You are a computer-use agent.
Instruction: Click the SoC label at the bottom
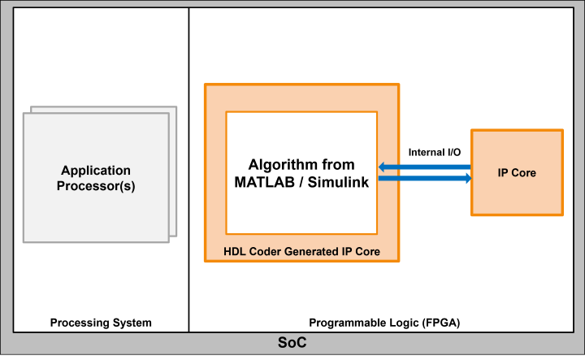(292, 344)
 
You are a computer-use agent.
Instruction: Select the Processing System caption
(101, 323)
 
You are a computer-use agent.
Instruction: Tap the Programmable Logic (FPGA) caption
(384, 323)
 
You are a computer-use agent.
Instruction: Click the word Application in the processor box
(96, 171)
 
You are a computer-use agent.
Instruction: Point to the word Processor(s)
(97, 186)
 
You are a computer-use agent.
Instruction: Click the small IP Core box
(517, 173)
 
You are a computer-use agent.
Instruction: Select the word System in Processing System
(132, 323)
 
